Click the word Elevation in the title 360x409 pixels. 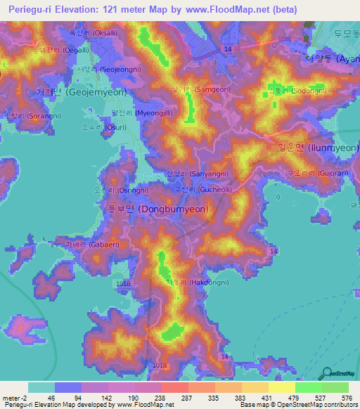pyautogui.click(x=82, y=9)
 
